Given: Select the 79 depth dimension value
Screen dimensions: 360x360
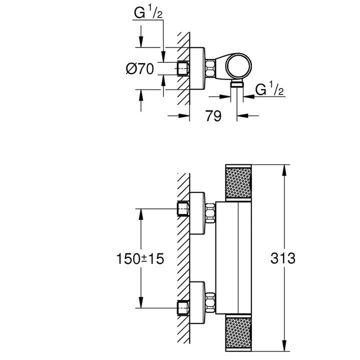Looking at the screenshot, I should (x=213, y=116).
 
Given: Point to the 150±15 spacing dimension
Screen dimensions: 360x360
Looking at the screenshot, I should (x=140, y=259).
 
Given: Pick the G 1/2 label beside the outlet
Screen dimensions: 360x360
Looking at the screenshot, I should (x=270, y=90).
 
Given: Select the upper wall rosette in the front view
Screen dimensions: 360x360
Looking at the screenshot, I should (x=198, y=212).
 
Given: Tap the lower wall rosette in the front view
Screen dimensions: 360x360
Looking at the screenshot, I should (x=198, y=303).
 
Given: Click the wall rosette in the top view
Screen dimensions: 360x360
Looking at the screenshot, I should (x=198, y=68).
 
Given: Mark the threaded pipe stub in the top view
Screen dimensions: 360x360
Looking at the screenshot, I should (x=183, y=68).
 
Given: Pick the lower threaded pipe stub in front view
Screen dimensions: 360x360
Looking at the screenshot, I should (x=183, y=307).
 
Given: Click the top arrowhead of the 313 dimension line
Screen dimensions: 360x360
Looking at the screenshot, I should (x=285, y=167).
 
